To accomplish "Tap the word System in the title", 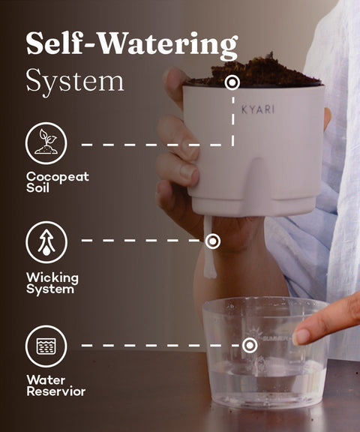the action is tap(75, 81).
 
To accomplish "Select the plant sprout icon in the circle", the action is tap(46, 143).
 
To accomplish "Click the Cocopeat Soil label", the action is tap(58, 182).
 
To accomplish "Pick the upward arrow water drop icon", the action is tap(46, 242).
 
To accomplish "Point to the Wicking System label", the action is tap(52, 283).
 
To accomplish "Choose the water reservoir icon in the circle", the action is tap(46, 346).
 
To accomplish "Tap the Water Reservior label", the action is tap(56, 385).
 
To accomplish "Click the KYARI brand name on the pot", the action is tap(258, 109).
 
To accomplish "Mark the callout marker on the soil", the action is tap(232, 82).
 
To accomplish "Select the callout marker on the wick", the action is tap(212, 241).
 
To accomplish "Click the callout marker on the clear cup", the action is tap(250, 345).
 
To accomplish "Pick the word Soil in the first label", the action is tap(37, 188).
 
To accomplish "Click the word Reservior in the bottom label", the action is tap(56, 391).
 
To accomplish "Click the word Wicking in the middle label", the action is tap(52, 278).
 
